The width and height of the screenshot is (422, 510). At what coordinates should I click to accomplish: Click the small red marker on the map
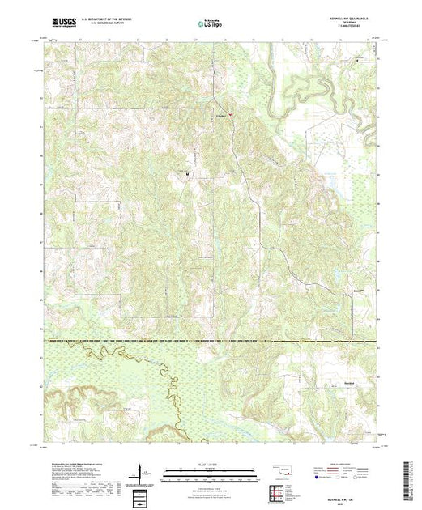click(x=229, y=113)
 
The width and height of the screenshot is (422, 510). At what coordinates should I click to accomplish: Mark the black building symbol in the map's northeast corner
click(x=357, y=60)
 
